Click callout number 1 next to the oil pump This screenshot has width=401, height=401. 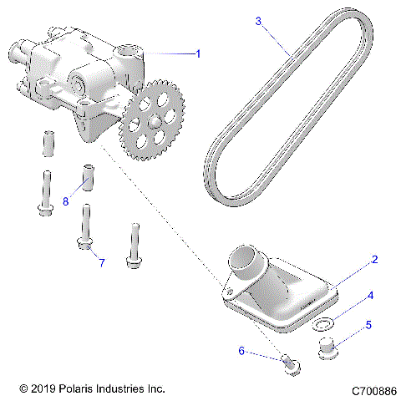pos(198,53)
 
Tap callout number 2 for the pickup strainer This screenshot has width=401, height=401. pos(375,260)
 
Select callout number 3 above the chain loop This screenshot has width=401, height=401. pos(259,20)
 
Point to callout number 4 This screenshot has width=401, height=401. pos(372,295)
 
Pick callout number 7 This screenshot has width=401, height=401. pos(102,263)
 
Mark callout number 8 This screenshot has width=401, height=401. pos(65,201)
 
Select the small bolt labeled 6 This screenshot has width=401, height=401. pos(290,365)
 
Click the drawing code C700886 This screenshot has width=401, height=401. pos(374,390)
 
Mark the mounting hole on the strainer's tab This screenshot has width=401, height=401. pos(226,291)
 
